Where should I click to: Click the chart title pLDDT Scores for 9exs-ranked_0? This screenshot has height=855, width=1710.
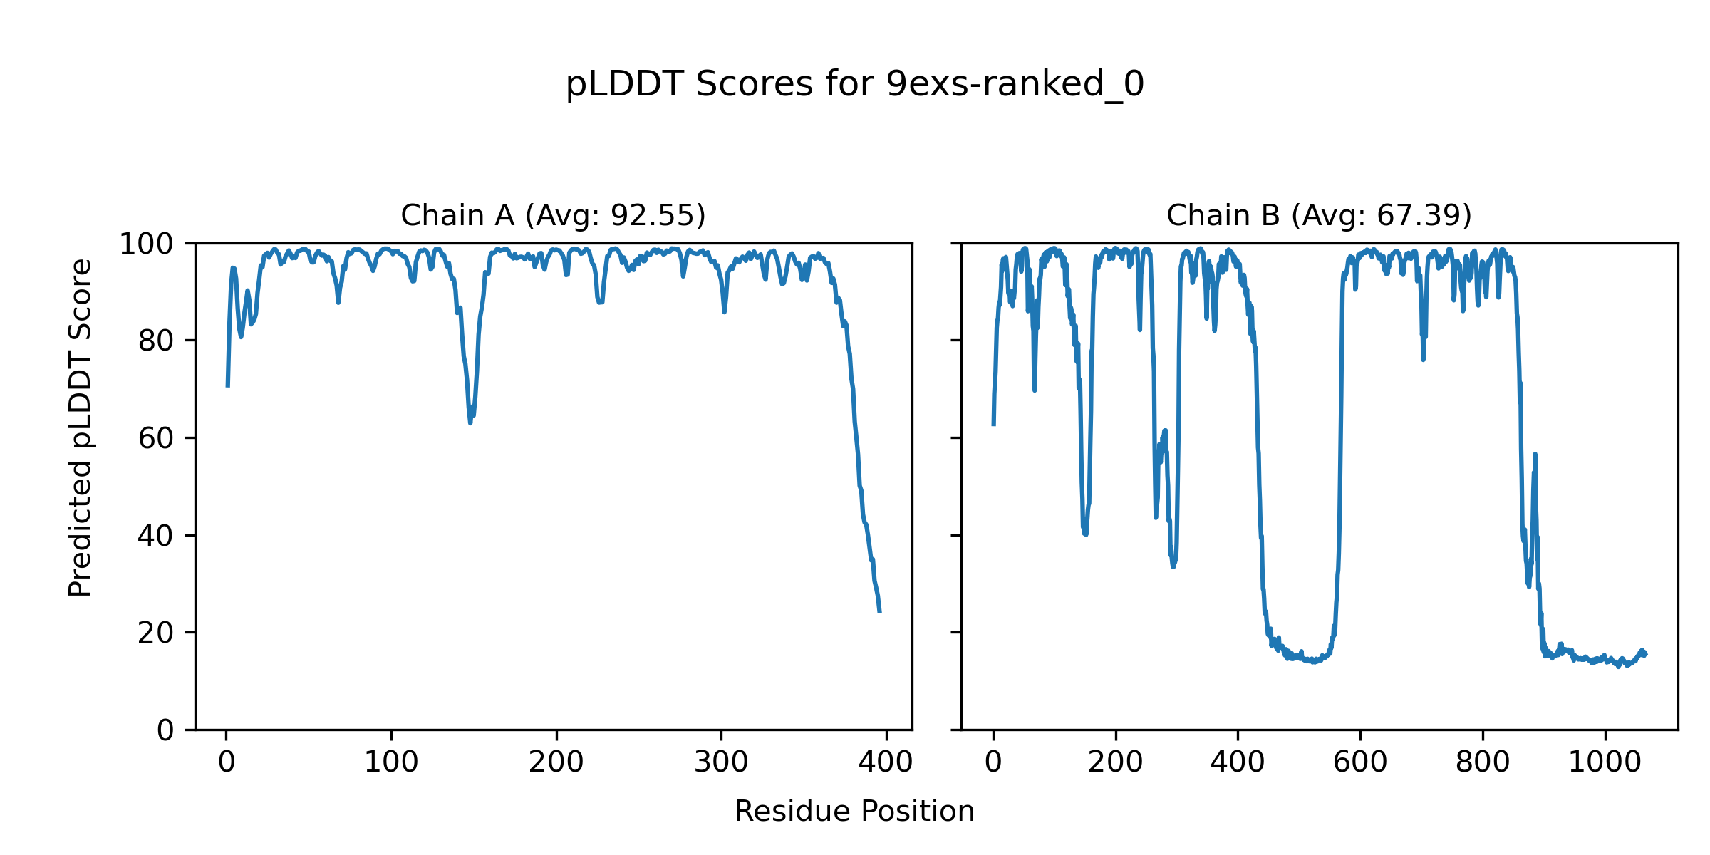pyautogui.click(x=854, y=85)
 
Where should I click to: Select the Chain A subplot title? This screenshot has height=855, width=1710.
pyautogui.click(x=553, y=215)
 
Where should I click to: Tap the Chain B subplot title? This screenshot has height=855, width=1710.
pyautogui.click(x=1319, y=215)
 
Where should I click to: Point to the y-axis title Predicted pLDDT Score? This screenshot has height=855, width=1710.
pyautogui.click(x=80, y=427)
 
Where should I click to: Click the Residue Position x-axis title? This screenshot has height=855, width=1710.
pyautogui.click(x=854, y=812)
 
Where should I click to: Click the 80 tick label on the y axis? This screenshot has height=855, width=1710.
pyautogui.click(x=156, y=341)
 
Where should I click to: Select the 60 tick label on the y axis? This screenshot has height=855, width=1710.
pyautogui.click(x=156, y=438)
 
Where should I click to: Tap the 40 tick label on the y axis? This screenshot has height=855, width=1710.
pyautogui.click(x=156, y=536)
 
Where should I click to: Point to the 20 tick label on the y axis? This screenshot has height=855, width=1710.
pyautogui.click(x=156, y=633)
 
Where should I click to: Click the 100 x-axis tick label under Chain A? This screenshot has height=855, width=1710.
pyautogui.click(x=391, y=762)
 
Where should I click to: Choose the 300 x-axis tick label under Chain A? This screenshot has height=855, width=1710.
pyautogui.click(x=721, y=762)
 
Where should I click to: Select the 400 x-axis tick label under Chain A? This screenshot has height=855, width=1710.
pyautogui.click(x=886, y=762)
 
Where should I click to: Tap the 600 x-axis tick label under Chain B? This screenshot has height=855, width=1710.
pyautogui.click(x=1360, y=762)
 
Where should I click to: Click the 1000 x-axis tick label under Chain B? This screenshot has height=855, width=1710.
pyautogui.click(x=1605, y=762)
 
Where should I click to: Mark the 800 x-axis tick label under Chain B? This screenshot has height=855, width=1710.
pyautogui.click(x=1483, y=762)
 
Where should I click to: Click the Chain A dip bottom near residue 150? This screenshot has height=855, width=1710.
pyautogui.click(x=470, y=423)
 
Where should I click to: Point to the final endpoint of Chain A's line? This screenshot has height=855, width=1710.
pyautogui.click(x=880, y=612)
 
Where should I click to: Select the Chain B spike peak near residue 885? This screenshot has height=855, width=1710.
pyautogui.click(x=1535, y=454)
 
